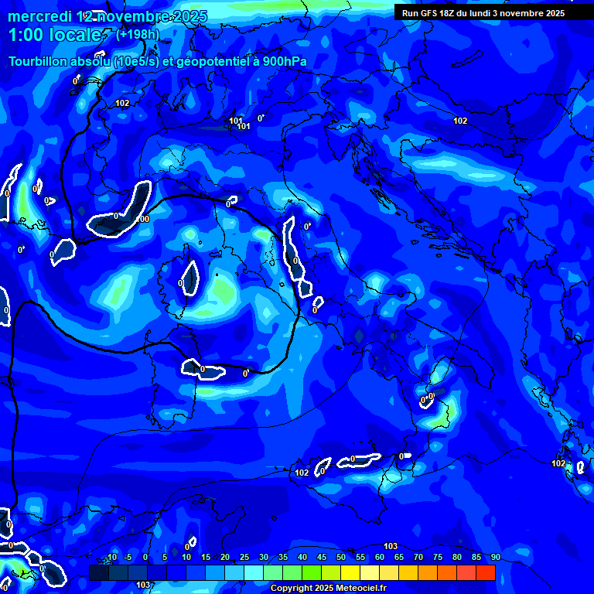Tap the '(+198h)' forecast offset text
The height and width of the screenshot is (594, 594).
point(137,35)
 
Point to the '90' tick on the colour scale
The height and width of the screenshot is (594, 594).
point(495,558)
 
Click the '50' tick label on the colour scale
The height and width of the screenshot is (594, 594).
point(341,558)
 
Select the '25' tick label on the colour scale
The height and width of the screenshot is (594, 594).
point(244,558)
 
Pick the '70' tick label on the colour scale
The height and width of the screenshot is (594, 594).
point(418,558)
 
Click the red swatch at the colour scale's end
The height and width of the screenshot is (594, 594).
point(485,572)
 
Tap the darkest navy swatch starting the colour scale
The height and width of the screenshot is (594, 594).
point(99,572)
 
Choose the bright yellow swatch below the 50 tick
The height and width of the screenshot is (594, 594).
point(350,572)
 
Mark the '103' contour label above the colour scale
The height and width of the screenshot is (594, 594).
point(391,546)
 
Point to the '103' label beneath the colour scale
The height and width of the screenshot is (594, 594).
point(142,585)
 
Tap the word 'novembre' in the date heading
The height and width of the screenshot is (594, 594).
point(135,17)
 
